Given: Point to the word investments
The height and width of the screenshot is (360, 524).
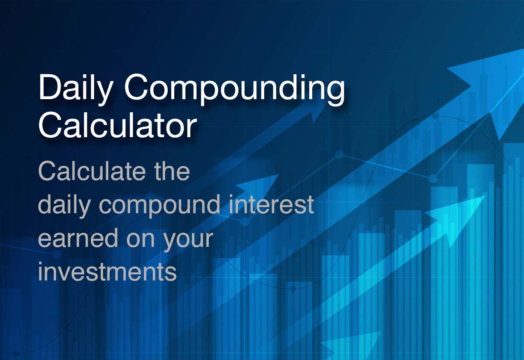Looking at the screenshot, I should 107,272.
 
